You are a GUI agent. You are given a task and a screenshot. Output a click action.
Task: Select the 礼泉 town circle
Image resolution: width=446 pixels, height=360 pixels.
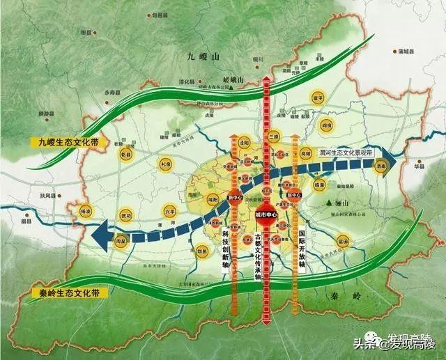tap(166, 164)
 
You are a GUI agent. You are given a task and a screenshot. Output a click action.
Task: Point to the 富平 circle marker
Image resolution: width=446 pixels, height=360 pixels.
tap(318, 99)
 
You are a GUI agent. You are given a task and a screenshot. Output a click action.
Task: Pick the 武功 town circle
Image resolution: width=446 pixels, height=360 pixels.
tap(125, 215)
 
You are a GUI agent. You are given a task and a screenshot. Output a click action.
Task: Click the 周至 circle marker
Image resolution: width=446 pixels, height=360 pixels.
tap(121, 241)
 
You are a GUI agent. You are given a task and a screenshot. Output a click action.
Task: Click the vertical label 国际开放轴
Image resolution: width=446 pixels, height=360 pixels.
tap(301, 245)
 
